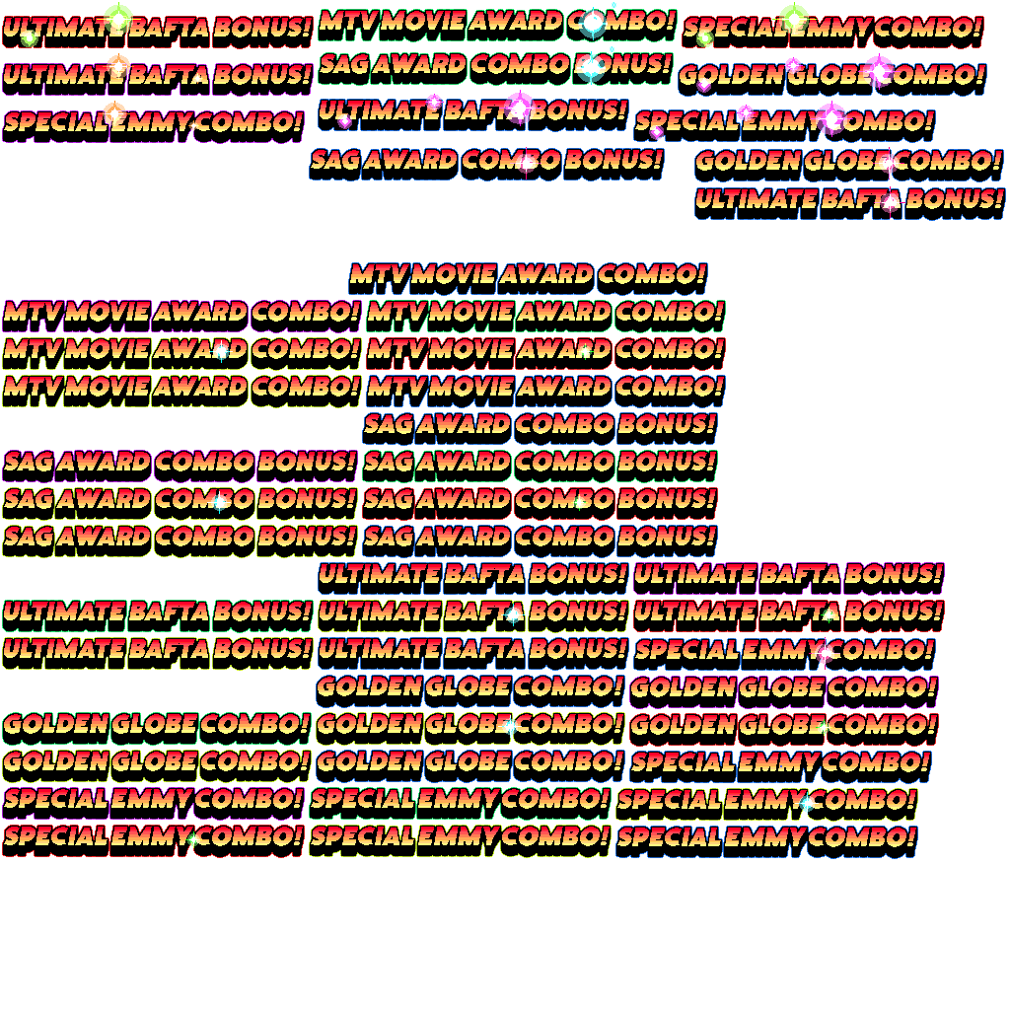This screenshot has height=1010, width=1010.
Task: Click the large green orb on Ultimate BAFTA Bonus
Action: (118, 18)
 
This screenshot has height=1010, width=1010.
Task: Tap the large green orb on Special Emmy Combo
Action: (794, 19)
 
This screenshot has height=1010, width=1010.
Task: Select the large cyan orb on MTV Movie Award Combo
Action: (593, 22)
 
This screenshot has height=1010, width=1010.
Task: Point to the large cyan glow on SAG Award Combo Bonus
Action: (591, 68)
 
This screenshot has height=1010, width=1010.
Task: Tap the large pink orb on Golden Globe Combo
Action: (878, 70)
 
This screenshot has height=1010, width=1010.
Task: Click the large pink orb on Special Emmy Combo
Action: (831, 117)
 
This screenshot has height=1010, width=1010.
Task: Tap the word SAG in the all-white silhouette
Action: (27, 429)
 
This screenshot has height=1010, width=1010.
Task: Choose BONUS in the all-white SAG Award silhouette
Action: (306, 429)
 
